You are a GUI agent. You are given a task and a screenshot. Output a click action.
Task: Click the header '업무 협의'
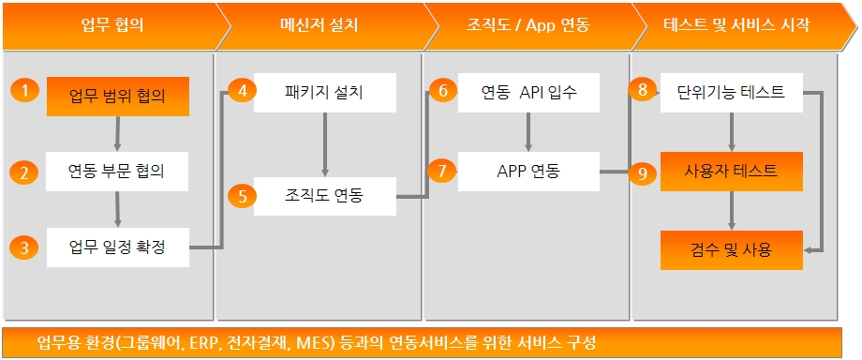112,25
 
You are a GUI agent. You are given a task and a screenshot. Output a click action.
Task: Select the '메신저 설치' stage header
319,25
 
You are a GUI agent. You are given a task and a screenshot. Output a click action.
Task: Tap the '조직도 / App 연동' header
528,25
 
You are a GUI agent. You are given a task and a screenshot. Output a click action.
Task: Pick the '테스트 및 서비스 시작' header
736,25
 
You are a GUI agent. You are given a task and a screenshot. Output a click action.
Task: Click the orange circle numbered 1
24,90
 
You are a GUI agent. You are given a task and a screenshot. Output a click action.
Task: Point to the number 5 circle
239,196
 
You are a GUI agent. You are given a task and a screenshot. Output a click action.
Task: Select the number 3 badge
24,247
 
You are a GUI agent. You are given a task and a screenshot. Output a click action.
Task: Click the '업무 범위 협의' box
118,97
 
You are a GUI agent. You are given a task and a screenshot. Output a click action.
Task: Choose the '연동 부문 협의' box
118,172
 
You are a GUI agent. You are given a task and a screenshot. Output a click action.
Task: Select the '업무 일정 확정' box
118,247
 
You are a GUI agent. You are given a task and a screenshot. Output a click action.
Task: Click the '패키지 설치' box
325,93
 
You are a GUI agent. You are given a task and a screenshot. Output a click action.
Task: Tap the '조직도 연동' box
325,196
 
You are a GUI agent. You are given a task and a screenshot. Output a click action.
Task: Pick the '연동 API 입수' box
528,93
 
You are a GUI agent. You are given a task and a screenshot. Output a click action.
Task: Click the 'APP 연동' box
528,172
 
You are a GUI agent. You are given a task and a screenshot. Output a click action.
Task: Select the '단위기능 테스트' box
731,93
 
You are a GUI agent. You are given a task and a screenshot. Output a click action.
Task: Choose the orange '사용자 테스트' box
731,172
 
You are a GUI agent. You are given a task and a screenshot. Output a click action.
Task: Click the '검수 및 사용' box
731,250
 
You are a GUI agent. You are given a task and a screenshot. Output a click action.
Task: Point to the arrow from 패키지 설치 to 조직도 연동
325,144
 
